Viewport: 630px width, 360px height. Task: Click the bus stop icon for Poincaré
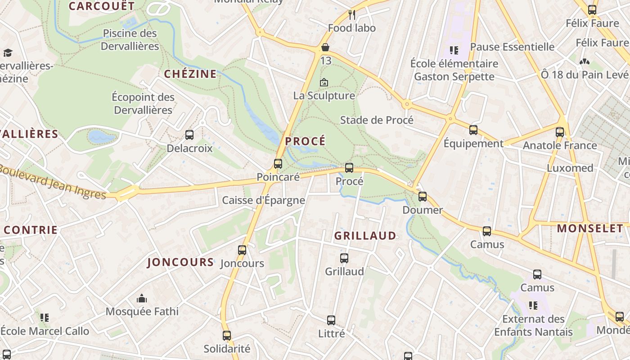278,164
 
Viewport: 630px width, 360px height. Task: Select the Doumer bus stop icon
423,197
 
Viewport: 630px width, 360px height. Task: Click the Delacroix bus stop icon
189,135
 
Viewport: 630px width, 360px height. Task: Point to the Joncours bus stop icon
242,250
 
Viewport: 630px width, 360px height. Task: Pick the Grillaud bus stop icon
344,258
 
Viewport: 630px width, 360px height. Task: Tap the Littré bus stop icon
331,320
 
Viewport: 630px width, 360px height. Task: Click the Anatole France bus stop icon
560,132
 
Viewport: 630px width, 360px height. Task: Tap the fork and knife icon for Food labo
352,15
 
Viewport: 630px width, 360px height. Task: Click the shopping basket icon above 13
325,47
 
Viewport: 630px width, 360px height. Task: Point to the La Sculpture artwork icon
324,83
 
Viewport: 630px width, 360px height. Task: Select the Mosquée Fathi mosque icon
142,298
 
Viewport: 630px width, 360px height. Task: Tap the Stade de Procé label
377,120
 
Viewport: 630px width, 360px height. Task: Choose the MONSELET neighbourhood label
590,229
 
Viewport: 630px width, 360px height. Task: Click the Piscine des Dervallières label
130,40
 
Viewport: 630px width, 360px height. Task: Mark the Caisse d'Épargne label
264,200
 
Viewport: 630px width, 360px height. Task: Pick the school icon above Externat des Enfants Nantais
533,306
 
